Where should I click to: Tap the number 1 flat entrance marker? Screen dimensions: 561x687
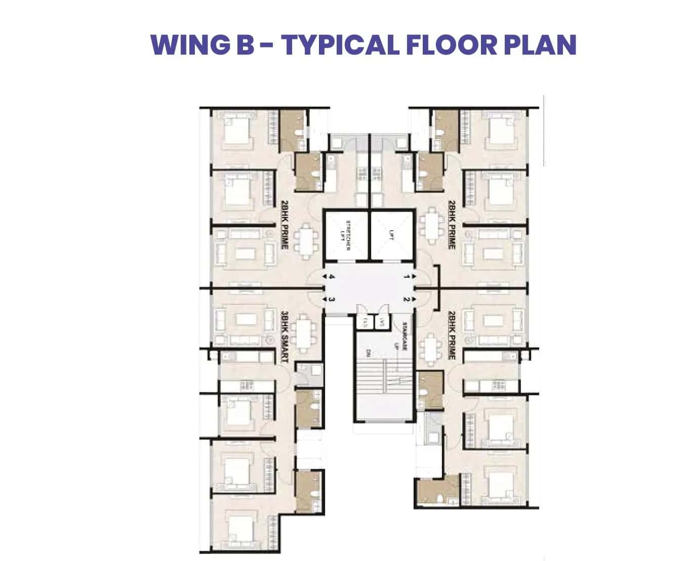[x=406, y=277]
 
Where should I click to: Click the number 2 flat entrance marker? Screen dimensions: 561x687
[x=406, y=299]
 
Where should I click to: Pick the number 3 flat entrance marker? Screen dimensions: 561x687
[x=332, y=299]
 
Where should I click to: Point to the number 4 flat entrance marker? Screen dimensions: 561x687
[x=332, y=277]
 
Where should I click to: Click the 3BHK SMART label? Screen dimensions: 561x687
[x=285, y=337]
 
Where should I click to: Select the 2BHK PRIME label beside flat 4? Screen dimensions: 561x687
[x=285, y=224]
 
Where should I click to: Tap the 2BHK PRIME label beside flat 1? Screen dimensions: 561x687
[x=452, y=224]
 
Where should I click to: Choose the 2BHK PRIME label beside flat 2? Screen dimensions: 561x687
[x=452, y=335]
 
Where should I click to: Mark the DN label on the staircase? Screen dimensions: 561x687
[x=368, y=353]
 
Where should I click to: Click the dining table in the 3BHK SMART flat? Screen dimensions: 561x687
[x=304, y=334]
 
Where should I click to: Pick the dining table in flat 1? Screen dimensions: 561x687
[x=431, y=223]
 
